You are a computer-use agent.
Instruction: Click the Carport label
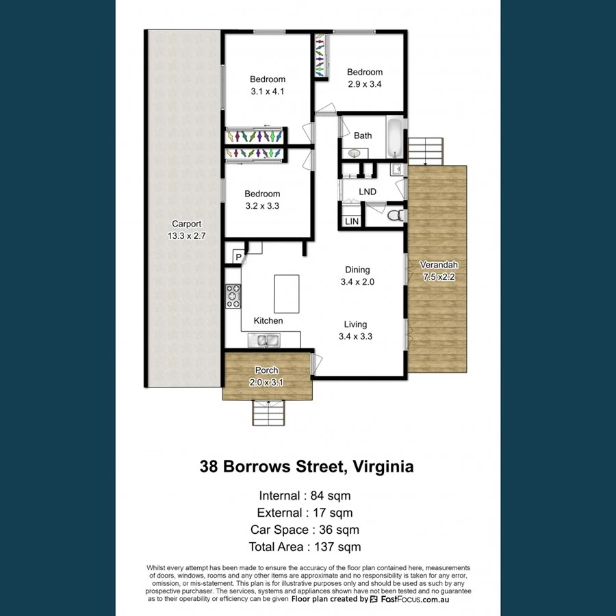(x=186, y=224)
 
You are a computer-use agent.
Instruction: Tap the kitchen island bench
(x=286, y=293)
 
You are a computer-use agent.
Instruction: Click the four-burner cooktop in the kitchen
(x=233, y=295)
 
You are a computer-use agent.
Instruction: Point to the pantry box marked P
(x=238, y=257)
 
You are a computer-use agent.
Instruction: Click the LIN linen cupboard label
(x=352, y=222)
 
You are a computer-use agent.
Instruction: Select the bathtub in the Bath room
(x=396, y=136)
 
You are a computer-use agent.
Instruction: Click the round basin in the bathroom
(x=355, y=153)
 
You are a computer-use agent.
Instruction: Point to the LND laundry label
(x=368, y=192)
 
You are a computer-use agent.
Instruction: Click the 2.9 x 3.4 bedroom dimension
(x=364, y=84)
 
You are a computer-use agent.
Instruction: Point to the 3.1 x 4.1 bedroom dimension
(x=267, y=91)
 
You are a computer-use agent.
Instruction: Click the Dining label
(x=357, y=270)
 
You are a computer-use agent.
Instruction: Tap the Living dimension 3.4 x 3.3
(x=355, y=336)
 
